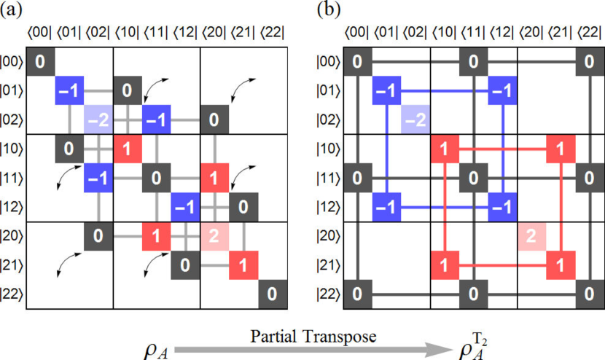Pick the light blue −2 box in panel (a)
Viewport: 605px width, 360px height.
click(x=98, y=120)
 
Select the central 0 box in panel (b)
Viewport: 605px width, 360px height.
click(x=474, y=177)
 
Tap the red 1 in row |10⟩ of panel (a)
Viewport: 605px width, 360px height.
click(x=127, y=148)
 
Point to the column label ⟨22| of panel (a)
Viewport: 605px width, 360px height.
click(x=270, y=32)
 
